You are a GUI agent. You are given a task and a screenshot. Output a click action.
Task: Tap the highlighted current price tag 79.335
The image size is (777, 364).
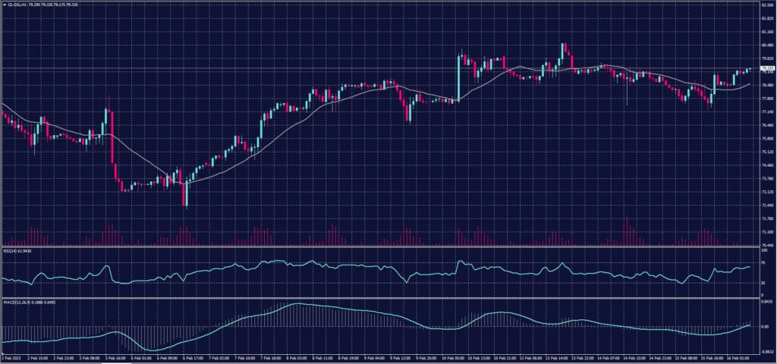pyautogui.click(x=766, y=68)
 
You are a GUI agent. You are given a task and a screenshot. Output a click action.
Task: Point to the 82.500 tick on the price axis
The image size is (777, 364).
pyautogui.click(x=766, y=5)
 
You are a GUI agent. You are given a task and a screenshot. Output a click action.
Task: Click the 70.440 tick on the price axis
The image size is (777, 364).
pyautogui.click(x=766, y=245)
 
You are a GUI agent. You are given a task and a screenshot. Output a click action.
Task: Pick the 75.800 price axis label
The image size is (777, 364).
pyautogui.click(x=766, y=139)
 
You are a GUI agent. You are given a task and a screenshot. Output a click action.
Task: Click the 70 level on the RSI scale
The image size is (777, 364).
pyautogui.click(x=763, y=261)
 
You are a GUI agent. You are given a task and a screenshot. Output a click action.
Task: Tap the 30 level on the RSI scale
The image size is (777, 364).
pyautogui.click(x=763, y=283)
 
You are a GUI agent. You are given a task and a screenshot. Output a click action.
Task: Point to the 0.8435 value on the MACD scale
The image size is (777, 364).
pyautogui.click(x=766, y=299)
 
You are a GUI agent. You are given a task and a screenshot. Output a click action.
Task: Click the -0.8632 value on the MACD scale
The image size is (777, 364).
pyautogui.click(x=766, y=352)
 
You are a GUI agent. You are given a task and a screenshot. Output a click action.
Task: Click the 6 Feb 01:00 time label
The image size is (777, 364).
pyautogui.click(x=142, y=358)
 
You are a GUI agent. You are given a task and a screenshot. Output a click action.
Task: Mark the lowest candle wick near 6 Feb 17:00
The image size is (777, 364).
pyautogui.click(x=185, y=207)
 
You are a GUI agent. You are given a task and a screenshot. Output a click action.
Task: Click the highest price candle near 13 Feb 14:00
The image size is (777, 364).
pyautogui.click(x=563, y=45)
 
